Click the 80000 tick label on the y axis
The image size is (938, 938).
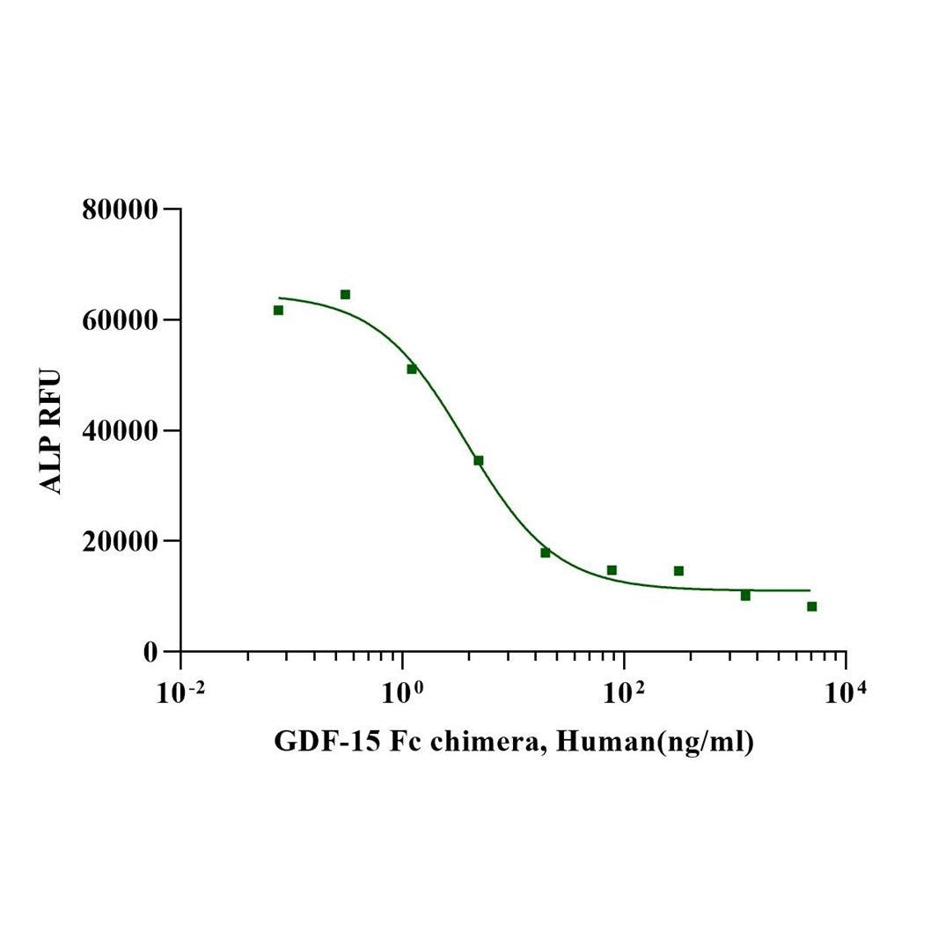(x=120, y=209)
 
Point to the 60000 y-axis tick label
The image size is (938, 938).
(x=120, y=320)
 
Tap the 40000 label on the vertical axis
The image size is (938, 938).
(x=120, y=431)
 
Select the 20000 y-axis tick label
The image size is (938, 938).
(x=120, y=541)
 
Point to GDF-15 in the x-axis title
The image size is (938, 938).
(x=317, y=742)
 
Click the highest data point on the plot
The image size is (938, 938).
(x=345, y=294)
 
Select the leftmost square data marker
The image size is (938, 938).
(x=278, y=310)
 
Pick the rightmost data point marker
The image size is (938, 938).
(x=811, y=606)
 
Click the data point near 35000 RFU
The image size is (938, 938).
(x=479, y=460)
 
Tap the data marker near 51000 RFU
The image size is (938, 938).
(x=412, y=369)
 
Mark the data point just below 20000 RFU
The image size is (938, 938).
(x=546, y=553)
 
